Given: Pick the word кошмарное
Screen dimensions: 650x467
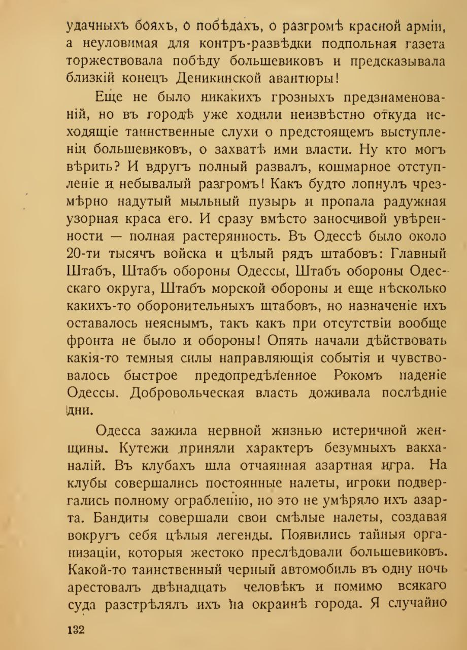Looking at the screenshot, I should pyautogui.click(x=342, y=168).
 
